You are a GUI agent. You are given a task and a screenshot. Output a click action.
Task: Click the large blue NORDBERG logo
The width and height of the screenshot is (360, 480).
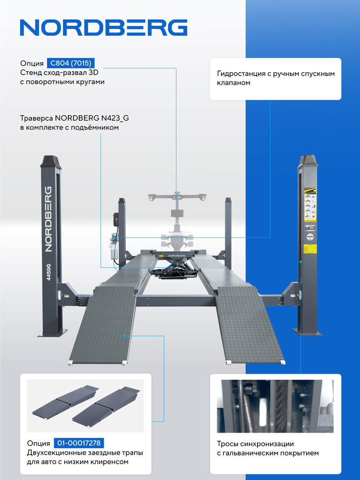pos(103,27)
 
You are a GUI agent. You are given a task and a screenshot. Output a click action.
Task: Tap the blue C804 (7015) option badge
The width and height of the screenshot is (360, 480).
pos(71,63)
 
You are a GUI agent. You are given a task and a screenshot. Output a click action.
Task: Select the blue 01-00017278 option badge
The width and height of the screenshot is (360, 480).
pos(79,443)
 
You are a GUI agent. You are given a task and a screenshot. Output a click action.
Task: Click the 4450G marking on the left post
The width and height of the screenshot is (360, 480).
pos(49,272)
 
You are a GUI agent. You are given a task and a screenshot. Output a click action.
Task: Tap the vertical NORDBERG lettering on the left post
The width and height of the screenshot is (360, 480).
pos(48,219)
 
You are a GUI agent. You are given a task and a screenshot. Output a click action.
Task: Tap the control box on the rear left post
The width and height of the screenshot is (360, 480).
pos(116,219)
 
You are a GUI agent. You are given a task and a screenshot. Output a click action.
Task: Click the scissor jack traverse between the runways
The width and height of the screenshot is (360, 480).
pos(174,264)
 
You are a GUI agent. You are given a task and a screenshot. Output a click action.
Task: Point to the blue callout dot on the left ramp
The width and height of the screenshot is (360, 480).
pos(125,336)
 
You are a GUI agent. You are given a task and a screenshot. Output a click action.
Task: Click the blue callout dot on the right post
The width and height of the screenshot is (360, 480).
pos(301,262)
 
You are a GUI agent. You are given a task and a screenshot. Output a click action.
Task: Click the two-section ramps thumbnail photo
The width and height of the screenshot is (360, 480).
pos(85,406)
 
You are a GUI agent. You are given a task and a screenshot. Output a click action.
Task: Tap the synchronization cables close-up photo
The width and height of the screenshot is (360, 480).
pos(275,406)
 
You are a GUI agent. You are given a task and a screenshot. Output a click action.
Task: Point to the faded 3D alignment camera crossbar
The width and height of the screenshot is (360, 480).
pos(177,197)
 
